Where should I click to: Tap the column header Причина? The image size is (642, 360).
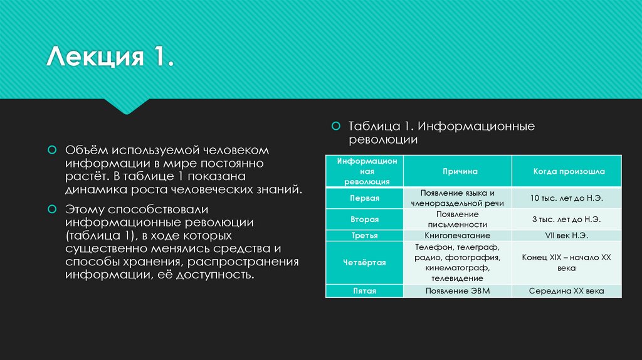(x=458, y=171)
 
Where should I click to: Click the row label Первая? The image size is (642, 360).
(x=364, y=198)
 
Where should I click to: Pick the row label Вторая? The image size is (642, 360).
(x=364, y=220)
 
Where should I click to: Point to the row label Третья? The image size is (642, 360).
(x=364, y=236)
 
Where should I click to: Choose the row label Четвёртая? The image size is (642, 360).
(x=364, y=263)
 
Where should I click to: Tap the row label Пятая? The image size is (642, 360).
(x=364, y=291)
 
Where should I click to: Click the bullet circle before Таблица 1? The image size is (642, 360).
(x=335, y=126)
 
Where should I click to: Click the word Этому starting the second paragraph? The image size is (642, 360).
(x=85, y=209)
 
